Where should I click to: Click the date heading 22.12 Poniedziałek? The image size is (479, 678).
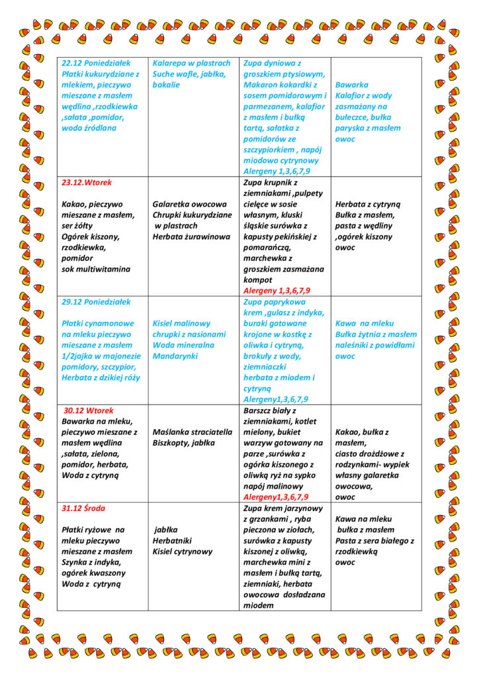click(x=96, y=63)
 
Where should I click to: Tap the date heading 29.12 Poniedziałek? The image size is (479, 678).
click(x=96, y=302)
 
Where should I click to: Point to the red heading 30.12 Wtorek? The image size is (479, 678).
click(x=89, y=411)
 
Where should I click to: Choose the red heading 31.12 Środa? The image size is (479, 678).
click(x=84, y=508)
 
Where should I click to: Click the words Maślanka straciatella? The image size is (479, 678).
click(x=193, y=432)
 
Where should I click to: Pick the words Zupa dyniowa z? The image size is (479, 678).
click(x=273, y=63)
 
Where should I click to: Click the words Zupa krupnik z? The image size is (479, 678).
click(x=271, y=182)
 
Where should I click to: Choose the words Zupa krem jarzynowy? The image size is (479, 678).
click(x=283, y=508)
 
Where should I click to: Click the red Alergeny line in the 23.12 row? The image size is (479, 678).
click(x=277, y=291)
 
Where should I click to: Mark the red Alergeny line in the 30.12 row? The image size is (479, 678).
click(x=276, y=497)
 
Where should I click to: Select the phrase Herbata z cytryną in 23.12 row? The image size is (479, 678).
click(x=369, y=204)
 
